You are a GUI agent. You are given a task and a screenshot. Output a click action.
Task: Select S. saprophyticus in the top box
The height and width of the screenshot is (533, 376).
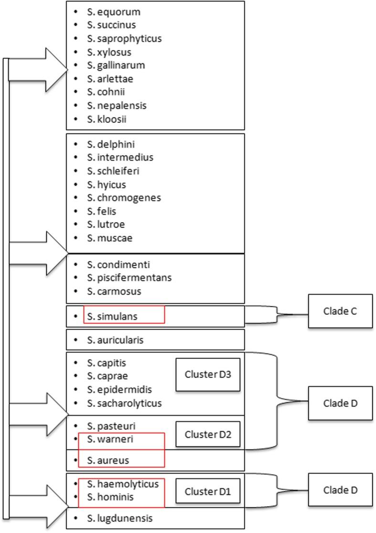click(124, 38)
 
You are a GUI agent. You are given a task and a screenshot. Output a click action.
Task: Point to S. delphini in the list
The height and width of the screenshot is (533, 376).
click(108, 144)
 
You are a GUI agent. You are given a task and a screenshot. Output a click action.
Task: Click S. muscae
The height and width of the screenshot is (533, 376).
click(106, 237)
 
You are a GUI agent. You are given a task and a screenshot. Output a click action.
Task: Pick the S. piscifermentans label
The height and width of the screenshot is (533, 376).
click(129, 277)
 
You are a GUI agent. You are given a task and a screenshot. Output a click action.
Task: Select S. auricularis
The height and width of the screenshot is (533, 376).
click(115, 340)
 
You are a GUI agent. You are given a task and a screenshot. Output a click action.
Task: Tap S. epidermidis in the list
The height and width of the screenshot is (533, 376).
click(119, 389)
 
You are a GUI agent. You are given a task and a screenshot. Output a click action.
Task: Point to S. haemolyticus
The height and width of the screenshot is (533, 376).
click(123, 484)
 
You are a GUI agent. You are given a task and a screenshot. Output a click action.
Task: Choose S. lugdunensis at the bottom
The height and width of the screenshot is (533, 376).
click(120, 517)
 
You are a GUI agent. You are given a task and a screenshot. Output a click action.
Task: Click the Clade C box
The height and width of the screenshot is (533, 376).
click(340, 311)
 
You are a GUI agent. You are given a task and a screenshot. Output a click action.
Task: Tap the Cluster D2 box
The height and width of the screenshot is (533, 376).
click(207, 434)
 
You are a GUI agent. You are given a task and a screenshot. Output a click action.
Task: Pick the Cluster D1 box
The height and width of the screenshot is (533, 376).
click(207, 490)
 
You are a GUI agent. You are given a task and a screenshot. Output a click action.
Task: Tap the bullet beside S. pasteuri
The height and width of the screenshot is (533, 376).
click(77, 425)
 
